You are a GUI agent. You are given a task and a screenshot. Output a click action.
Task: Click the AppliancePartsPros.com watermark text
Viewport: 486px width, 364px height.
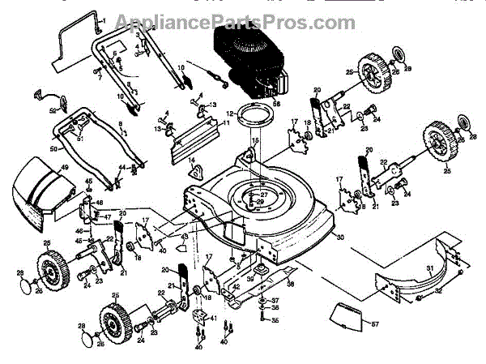[x=242, y=19]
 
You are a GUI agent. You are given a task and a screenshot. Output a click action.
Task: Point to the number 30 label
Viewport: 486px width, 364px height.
[x=340, y=238]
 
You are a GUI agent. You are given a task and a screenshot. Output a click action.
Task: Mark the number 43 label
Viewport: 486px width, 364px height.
[x=185, y=236]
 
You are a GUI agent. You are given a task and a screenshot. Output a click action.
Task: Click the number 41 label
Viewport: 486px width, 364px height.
[x=213, y=319]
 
